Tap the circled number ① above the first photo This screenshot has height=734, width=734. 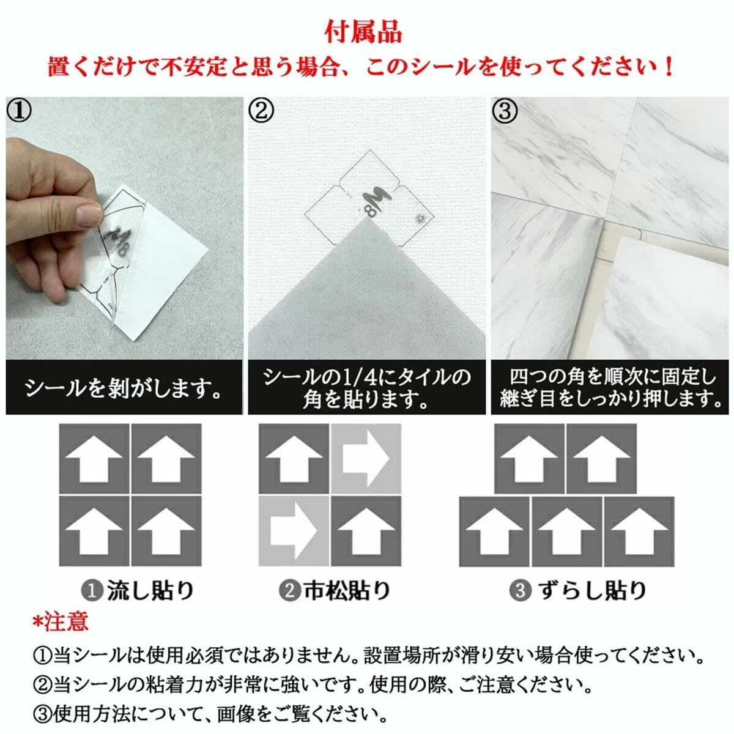click(x=19, y=111)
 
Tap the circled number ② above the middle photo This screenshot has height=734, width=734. click(x=262, y=111)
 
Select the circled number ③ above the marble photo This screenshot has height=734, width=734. click(x=505, y=111)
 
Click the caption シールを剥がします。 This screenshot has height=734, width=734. click(x=124, y=388)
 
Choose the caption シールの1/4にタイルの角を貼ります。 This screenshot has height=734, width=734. click(x=367, y=388)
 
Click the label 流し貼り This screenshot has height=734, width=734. click(x=150, y=590)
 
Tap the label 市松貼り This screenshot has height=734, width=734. click(x=346, y=590)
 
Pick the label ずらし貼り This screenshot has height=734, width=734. click(x=592, y=590)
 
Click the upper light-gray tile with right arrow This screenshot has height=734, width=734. click(x=366, y=459)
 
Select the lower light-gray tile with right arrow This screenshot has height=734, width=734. click(x=294, y=531)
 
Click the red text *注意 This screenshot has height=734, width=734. click(x=61, y=621)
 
